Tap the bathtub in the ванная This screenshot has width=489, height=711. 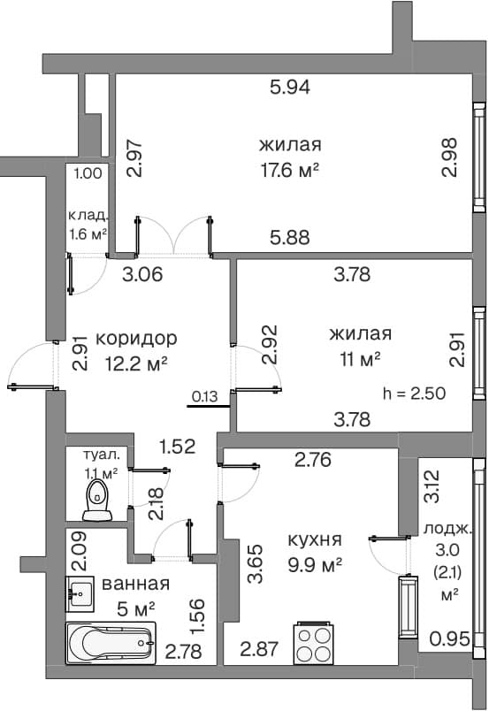[111, 643]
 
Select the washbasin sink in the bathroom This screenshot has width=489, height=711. [80, 594]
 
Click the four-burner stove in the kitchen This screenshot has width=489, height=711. [314, 643]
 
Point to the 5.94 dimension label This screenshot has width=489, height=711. [290, 87]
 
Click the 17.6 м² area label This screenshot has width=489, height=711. [289, 171]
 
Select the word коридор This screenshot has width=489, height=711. [136, 339]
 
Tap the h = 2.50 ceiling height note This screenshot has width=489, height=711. [414, 394]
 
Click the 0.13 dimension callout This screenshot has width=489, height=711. [204, 397]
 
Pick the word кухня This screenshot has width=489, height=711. [315, 540]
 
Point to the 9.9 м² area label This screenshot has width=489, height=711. [315, 565]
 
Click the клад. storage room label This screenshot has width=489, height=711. [88, 215]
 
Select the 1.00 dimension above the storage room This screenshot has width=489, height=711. [88, 173]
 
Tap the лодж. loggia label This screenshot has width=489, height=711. [447, 529]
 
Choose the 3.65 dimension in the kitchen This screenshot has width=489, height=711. [256, 563]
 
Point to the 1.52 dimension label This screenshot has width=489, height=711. [178, 447]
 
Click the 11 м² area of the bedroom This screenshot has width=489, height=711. [360, 360]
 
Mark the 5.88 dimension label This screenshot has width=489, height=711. [290, 237]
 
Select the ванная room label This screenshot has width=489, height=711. [135, 584]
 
